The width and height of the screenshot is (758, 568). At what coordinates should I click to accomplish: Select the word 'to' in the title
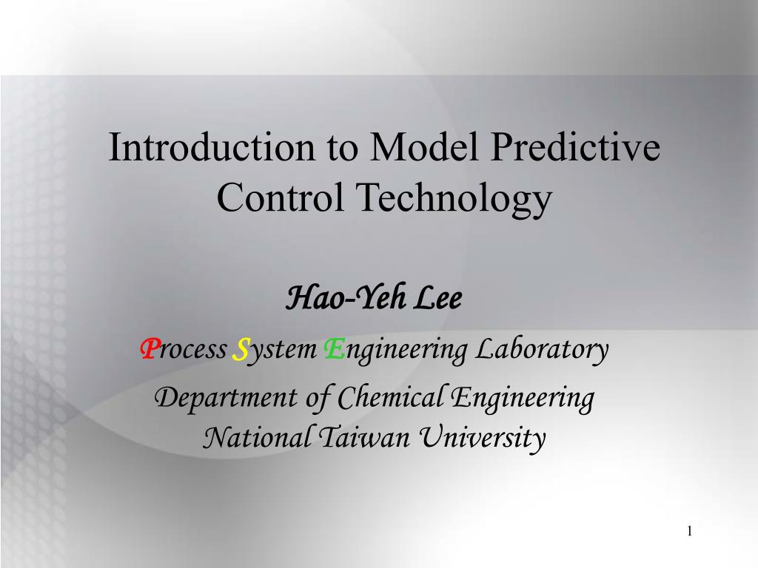click(338, 147)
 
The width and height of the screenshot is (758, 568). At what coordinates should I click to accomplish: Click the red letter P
click(147, 348)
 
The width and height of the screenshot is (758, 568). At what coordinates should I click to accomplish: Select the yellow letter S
click(240, 348)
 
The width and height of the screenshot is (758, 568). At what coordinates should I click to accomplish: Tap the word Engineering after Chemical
click(523, 399)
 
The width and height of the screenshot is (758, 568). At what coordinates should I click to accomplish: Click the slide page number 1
click(689, 531)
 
